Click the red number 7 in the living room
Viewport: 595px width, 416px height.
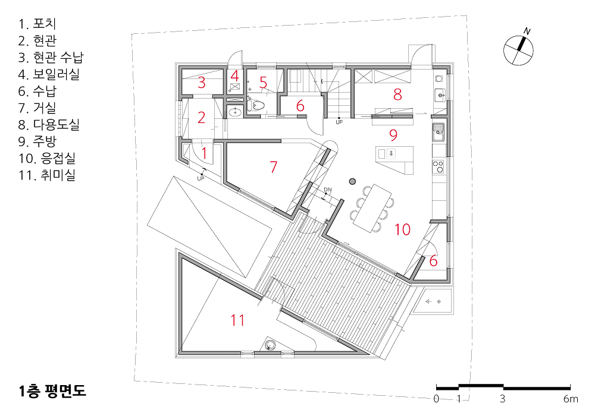(x=274, y=167)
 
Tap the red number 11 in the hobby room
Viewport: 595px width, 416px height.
(x=237, y=320)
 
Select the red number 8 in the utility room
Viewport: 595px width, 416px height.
(x=397, y=94)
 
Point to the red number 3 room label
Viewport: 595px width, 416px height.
(x=202, y=83)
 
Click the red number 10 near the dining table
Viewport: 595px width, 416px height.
(x=403, y=229)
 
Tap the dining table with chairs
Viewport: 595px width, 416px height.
(x=372, y=208)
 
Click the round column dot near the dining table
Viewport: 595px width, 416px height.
(x=352, y=181)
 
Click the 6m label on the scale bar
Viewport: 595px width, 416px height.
(x=571, y=399)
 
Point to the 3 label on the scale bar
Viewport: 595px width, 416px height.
(x=503, y=399)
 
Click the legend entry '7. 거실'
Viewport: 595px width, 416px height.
(x=37, y=108)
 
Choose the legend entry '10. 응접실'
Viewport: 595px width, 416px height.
(x=47, y=158)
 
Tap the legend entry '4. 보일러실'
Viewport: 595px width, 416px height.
(x=49, y=74)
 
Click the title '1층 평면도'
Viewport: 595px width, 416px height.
(x=52, y=391)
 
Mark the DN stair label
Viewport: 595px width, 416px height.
(x=328, y=190)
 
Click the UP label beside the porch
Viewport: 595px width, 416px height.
(x=201, y=178)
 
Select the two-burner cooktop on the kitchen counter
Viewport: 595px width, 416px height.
(x=439, y=167)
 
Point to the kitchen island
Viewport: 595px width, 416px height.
(x=394, y=160)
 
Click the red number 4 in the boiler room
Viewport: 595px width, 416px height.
(x=234, y=76)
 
